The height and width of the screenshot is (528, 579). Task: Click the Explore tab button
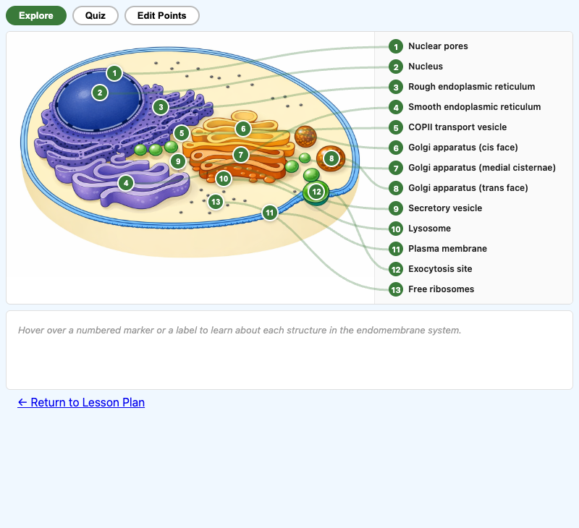point(36,15)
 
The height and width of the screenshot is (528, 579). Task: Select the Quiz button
point(96,15)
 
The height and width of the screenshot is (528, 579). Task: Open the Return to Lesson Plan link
point(81,402)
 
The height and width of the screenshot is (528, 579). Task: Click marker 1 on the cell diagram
point(114,73)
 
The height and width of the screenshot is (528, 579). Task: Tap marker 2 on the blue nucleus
point(100,93)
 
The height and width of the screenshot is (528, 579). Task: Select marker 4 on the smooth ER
point(126,183)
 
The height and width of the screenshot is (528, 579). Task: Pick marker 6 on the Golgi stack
point(243,129)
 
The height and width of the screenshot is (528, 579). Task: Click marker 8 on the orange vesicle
point(331,158)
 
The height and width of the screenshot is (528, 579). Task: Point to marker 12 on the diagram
point(316,192)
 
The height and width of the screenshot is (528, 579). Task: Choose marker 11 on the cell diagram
point(270,213)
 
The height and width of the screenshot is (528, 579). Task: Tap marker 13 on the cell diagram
point(215,202)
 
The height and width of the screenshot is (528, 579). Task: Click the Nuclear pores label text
point(438,46)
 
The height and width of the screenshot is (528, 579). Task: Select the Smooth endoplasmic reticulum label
point(474,107)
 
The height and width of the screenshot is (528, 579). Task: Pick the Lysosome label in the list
point(429,229)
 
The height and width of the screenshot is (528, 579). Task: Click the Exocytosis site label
point(440,269)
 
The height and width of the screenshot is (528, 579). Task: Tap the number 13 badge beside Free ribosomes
point(395,289)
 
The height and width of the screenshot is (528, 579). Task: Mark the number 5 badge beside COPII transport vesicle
point(395,127)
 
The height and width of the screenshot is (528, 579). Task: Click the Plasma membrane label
point(447,249)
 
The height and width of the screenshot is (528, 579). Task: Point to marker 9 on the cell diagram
point(178,161)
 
